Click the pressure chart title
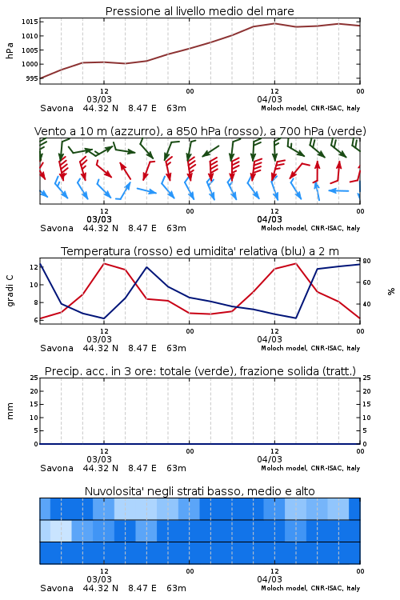199,11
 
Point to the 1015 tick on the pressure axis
30,22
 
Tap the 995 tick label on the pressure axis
32,78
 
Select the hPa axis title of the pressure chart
10,50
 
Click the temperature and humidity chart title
200,251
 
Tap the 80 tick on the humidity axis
366,261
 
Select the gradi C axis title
10,291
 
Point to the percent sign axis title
391,291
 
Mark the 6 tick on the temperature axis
36,320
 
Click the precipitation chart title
200,371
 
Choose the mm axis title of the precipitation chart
10,411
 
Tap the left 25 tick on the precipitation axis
34,378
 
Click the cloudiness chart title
200,491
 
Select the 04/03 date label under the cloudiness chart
270,579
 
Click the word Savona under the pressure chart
57,108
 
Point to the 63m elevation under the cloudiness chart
177,588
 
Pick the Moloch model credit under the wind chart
310,229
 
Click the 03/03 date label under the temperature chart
99,339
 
